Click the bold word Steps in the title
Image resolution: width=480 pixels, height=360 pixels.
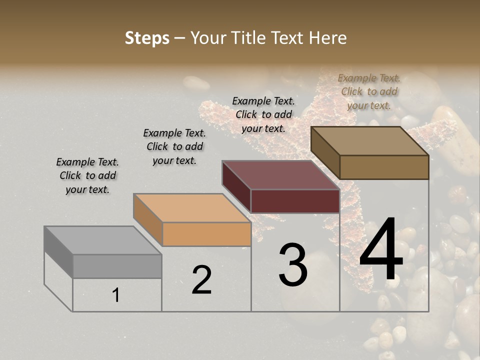pos(147,38)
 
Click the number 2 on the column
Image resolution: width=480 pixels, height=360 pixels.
pos(201,280)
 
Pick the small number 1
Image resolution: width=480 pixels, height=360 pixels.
pos(115,295)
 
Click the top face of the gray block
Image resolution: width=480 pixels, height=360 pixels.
pos(102,240)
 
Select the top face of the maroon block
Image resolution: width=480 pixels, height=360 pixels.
pos(280,175)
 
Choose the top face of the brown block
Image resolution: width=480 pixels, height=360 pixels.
pos(369,140)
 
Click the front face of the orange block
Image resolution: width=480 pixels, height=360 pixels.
pos(206,234)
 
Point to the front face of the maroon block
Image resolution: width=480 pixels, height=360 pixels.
pos(295,201)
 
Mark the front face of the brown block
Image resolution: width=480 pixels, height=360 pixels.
pos(384,167)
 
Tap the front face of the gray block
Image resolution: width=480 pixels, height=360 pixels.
pos(117,266)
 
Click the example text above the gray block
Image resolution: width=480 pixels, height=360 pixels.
pos(87,175)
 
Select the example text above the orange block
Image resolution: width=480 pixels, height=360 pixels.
pos(174,146)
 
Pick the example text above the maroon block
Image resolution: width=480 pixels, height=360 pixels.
pos(263,114)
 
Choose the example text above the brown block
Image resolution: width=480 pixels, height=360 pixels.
pos(369,91)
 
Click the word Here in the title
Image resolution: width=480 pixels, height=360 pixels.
pos(328,38)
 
